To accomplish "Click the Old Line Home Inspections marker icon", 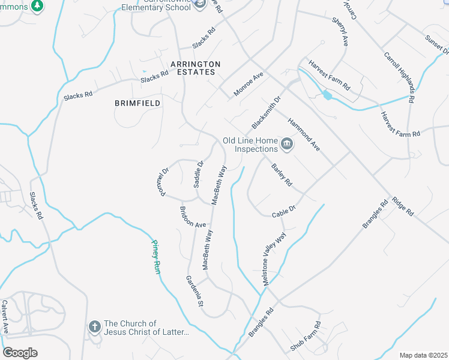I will point(287,144).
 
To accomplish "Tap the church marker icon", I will point(94,327).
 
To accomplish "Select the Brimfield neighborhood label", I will point(137,103).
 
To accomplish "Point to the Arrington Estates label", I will point(195,68).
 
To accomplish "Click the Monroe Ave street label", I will point(249,84).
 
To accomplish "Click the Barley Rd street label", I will point(281,174).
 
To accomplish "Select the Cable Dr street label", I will point(284,212).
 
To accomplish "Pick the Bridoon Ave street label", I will point(193,217).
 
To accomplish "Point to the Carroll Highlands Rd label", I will point(399,77).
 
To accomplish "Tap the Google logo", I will point(20,352).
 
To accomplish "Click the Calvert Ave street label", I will point(5,317).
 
